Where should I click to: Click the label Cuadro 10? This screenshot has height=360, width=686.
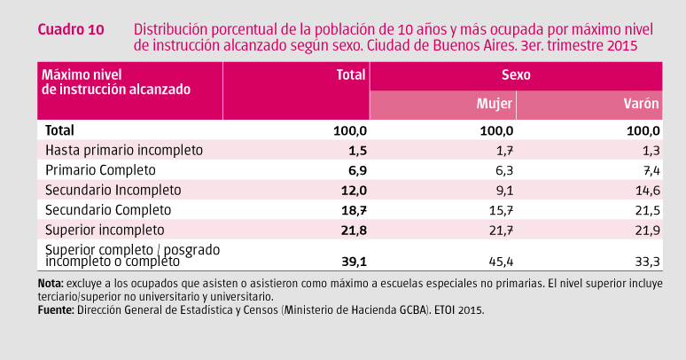(71, 29)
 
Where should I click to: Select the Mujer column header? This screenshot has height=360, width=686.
(495, 104)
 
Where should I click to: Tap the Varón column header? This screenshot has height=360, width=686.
(642, 104)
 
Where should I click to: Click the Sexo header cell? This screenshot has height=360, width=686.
(516, 75)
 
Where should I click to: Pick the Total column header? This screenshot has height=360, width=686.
(352, 75)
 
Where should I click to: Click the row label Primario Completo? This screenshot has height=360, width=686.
(100, 169)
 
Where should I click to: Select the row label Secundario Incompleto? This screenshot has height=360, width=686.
(113, 190)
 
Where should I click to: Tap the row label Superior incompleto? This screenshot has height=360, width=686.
(105, 230)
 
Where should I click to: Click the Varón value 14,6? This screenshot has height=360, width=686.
(646, 190)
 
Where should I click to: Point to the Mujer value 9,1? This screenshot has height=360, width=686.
(503, 190)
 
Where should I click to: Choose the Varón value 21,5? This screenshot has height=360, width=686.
(646, 210)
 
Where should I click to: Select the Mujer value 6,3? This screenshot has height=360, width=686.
(503, 169)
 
